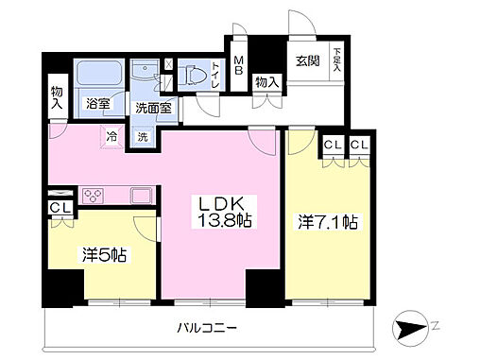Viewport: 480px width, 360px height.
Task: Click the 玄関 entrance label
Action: [307, 61]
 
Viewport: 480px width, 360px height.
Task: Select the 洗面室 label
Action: [151, 109]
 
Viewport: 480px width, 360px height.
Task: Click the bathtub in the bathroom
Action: [99, 76]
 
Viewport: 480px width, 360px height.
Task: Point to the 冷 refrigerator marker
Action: [111, 135]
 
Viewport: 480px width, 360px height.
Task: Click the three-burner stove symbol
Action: [94, 197]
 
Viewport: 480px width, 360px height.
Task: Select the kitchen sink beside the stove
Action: [141, 196]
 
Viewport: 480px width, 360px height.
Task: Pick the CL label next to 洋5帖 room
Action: [57, 207]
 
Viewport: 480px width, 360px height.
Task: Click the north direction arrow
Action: [417, 330]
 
